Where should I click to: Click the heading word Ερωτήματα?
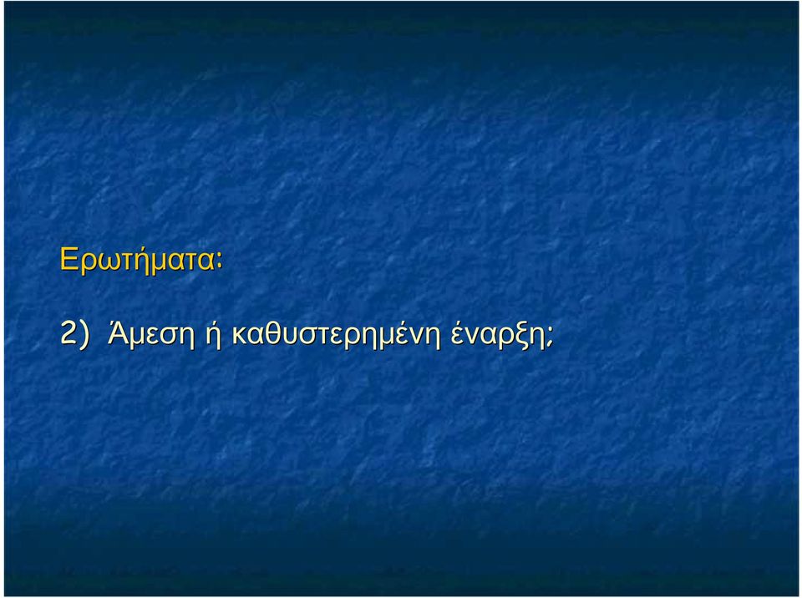[137, 260]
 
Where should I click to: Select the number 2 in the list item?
[68, 333]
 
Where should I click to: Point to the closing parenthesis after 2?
[84, 335]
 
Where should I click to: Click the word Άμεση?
[151, 334]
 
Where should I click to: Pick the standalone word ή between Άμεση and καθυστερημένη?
[213, 334]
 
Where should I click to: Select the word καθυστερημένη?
[336, 335]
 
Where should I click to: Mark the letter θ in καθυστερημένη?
[272, 332]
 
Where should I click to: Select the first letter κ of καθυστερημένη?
[240, 336]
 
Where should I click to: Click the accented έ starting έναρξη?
[458, 333]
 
